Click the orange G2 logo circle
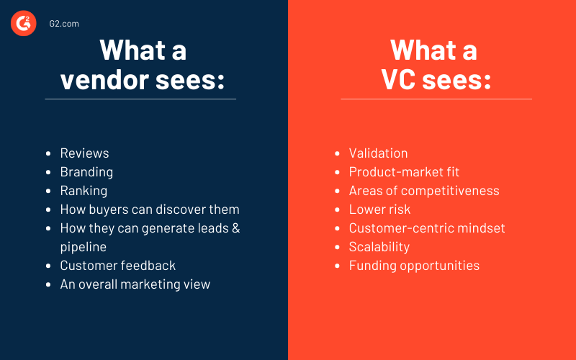[24, 23]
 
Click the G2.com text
[64, 24]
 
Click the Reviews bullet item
[84, 153]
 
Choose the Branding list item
[86, 172]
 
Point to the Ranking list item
[84, 191]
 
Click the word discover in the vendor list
[178, 210]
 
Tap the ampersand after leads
[236, 228]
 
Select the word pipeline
[84, 247]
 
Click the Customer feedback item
[118, 266]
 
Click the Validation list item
[379, 153]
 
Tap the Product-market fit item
[404, 172]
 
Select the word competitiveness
[450, 191]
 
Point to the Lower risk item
[380, 210]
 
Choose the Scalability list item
[379, 247]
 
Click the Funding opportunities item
[415, 266]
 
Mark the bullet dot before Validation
[337, 153]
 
